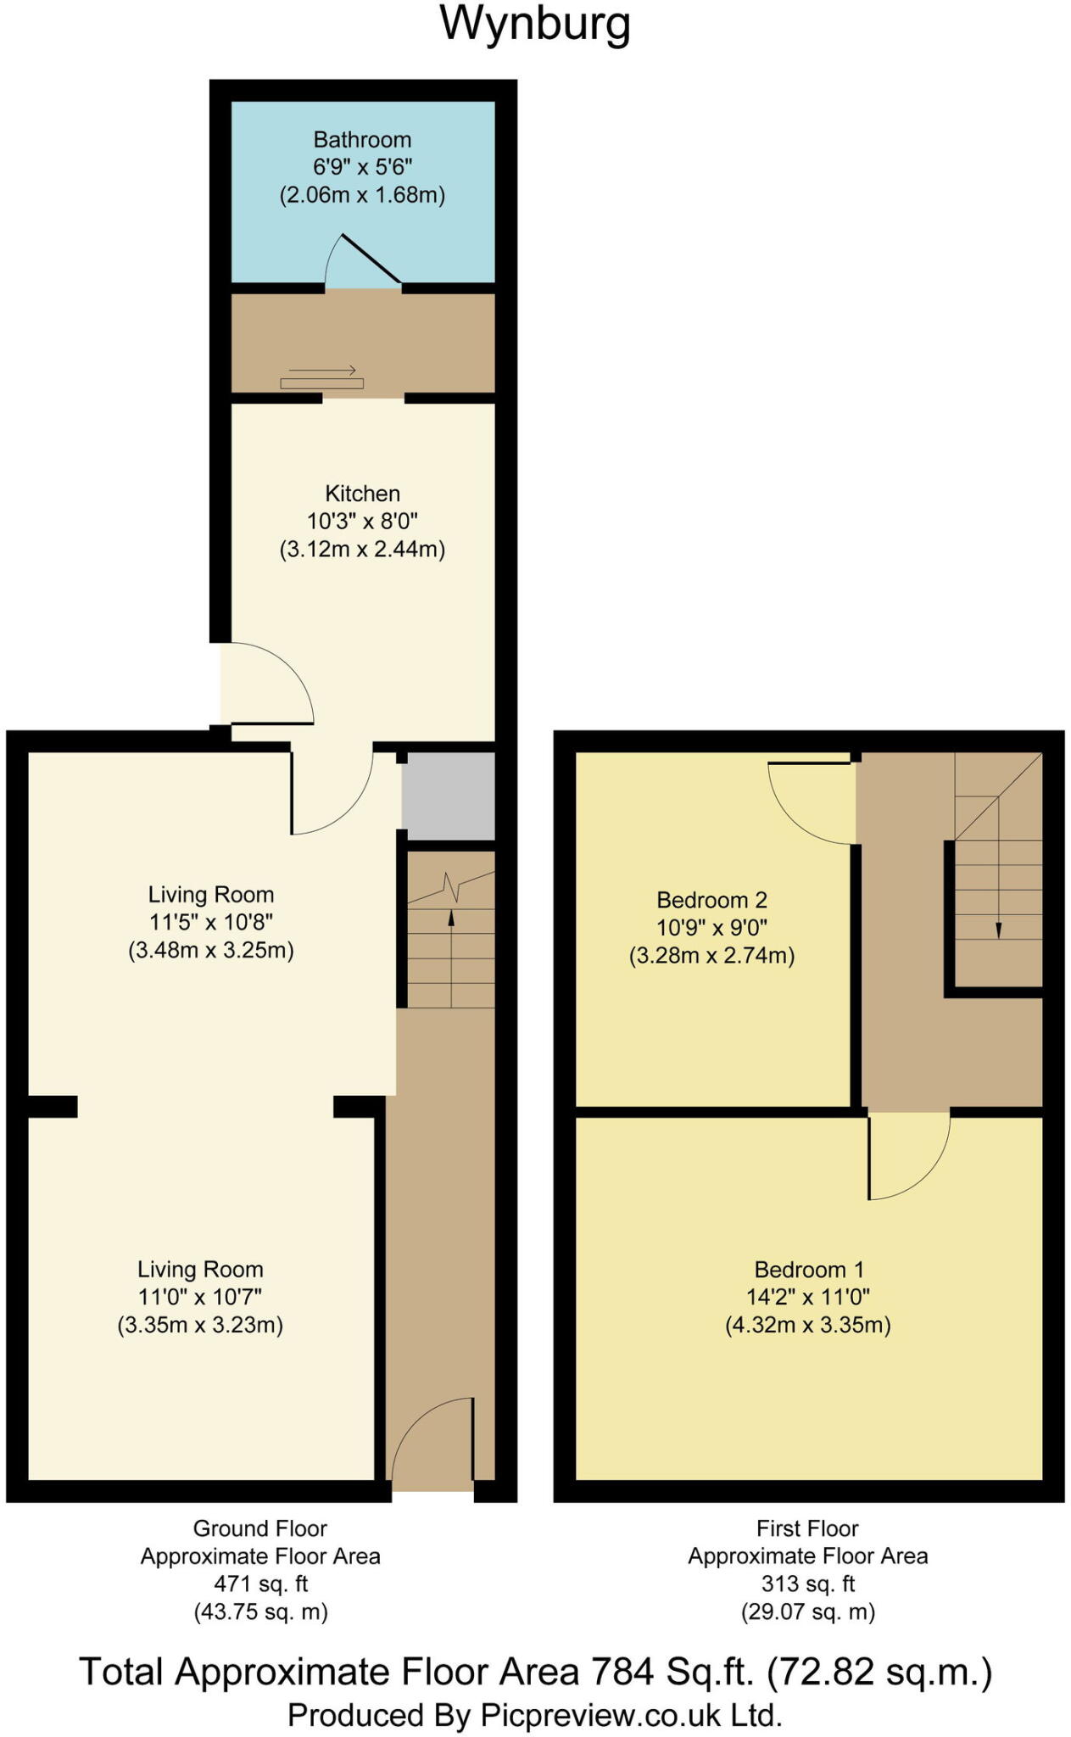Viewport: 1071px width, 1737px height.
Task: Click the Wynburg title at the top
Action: pyautogui.click(x=535, y=24)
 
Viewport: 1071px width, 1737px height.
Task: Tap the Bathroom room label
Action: pyautogui.click(x=362, y=140)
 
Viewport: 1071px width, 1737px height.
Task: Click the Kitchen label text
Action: pyautogui.click(x=362, y=494)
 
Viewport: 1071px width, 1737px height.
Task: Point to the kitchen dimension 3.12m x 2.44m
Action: pyautogui.click(x=362, y=550)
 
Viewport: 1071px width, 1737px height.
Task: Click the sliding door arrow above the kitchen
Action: pyautogui.click(x=322, y=371)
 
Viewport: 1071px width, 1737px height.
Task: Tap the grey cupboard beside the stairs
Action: pyautogui.click(x=448, y=796)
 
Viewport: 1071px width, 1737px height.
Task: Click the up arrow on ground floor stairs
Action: pyautogui.click(x=450, y=920)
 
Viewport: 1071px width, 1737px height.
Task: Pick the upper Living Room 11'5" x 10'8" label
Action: pyautogui.click(x=211, y=922)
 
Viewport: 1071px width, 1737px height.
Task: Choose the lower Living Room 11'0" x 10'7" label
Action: pyautogui.click(x=200, y=1297)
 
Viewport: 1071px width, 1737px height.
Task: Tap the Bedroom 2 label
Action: pyautogui.click(x=711, y=900)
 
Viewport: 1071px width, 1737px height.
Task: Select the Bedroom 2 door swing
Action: pyautogui.click(x=810, y=801)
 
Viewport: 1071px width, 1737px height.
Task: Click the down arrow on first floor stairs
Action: pyautogui.click(x=998, y=928)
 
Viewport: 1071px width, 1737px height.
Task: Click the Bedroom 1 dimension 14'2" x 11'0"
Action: pyautogui.click(x=807, y=1297)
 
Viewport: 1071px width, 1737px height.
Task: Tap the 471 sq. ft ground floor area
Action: pyautogui.click(x=260, y=1583)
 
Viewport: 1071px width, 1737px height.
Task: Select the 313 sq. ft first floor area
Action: pyautogui.click(x=807, y=1583)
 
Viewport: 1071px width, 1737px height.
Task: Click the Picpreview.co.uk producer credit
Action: pyautogui.click(x=535, y=1715)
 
